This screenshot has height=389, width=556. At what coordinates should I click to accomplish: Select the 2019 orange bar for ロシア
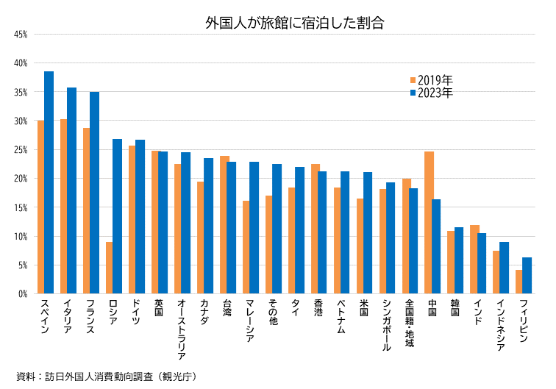pos(110,268)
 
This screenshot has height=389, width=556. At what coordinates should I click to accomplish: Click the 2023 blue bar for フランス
pos(95,193)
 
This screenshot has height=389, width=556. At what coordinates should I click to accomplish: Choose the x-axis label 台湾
pos(227,308)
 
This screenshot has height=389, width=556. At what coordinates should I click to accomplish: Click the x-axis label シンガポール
pos(386,324)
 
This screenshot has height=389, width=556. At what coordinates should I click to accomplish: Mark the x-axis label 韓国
pos(455,308)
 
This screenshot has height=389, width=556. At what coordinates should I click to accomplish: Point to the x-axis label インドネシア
pos(500,324)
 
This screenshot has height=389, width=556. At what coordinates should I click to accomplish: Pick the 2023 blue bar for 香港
pos(322,232)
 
